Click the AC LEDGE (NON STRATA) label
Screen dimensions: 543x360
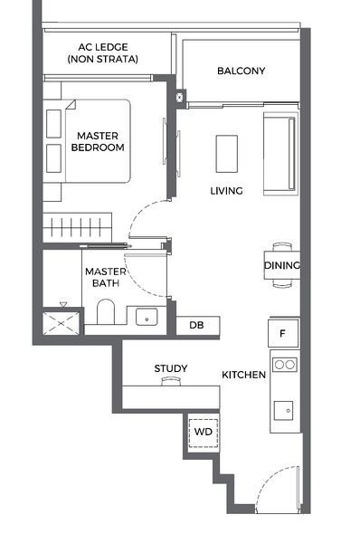[102, 52]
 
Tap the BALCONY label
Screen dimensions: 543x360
[241, 71]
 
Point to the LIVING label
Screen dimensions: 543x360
[226, 191]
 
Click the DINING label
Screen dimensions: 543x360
[282, 265]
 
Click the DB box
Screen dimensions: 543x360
[196, 325]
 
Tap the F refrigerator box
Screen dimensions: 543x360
[282, 334]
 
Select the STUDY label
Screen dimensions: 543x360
[170, 368]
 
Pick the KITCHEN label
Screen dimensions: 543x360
[244, 375]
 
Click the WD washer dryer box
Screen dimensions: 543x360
[203, 432]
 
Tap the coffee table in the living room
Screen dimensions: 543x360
[227, 153]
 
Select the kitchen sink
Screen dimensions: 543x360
[284, 410]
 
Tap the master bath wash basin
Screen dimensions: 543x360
[145, 316]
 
